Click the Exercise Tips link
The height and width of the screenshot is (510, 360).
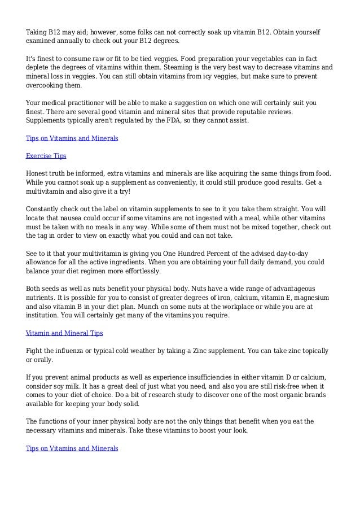[47, 155]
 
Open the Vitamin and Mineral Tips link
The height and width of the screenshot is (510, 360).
[64, 333]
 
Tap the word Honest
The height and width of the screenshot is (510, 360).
[38, 173]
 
